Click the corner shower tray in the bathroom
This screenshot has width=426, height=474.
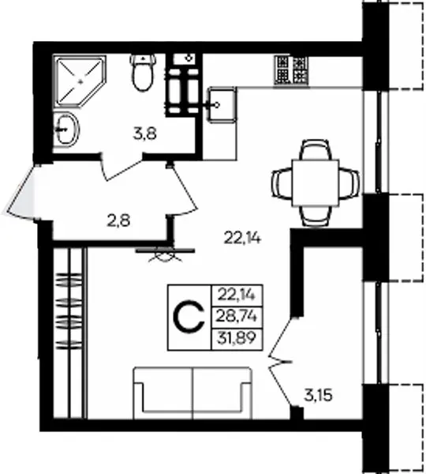pyautogui.click(x=80, y=81)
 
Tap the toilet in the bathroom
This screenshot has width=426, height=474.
pyautogui.click(x=143, y=72)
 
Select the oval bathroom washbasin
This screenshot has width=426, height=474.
pyautogui.click(x=66, y=129)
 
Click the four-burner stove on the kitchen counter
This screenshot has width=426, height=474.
pyautogui.click(x=291, y=70)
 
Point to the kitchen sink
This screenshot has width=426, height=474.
pyautogui.click(x=221, y=105)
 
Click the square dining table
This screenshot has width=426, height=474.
pyautogui.click(x=316, y=183)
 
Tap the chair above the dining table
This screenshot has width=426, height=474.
pyautogui.click(x=316, y=149)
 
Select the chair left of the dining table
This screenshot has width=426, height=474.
pyautogui.click(x=282, y=183)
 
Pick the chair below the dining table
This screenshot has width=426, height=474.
pyautogui.click(x=316, y=216)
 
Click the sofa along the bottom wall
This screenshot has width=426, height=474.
pyautogui.click(x=192, y=393)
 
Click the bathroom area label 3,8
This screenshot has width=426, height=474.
pyautogui.click(x=145, y=134)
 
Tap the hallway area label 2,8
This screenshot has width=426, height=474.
pyautogui.click(x=118, y=220)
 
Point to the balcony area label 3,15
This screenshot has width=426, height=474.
pyautogui.click(x=318, y=395)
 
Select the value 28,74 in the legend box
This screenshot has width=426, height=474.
pyautogui.click(x=237, y=317)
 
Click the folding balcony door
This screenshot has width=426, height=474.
pyautogui.click(x=281, y=362)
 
